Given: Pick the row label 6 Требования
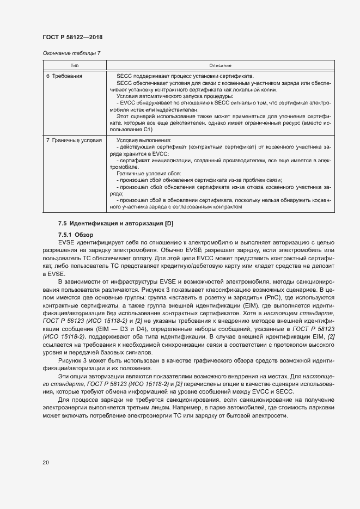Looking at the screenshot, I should pyautogui.click(x=64, y=76).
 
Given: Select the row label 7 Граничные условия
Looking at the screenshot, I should pyautogui.click(x=74, y=140).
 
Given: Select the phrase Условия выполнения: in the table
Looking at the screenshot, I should pyautogui.click(x=141, y=140).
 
